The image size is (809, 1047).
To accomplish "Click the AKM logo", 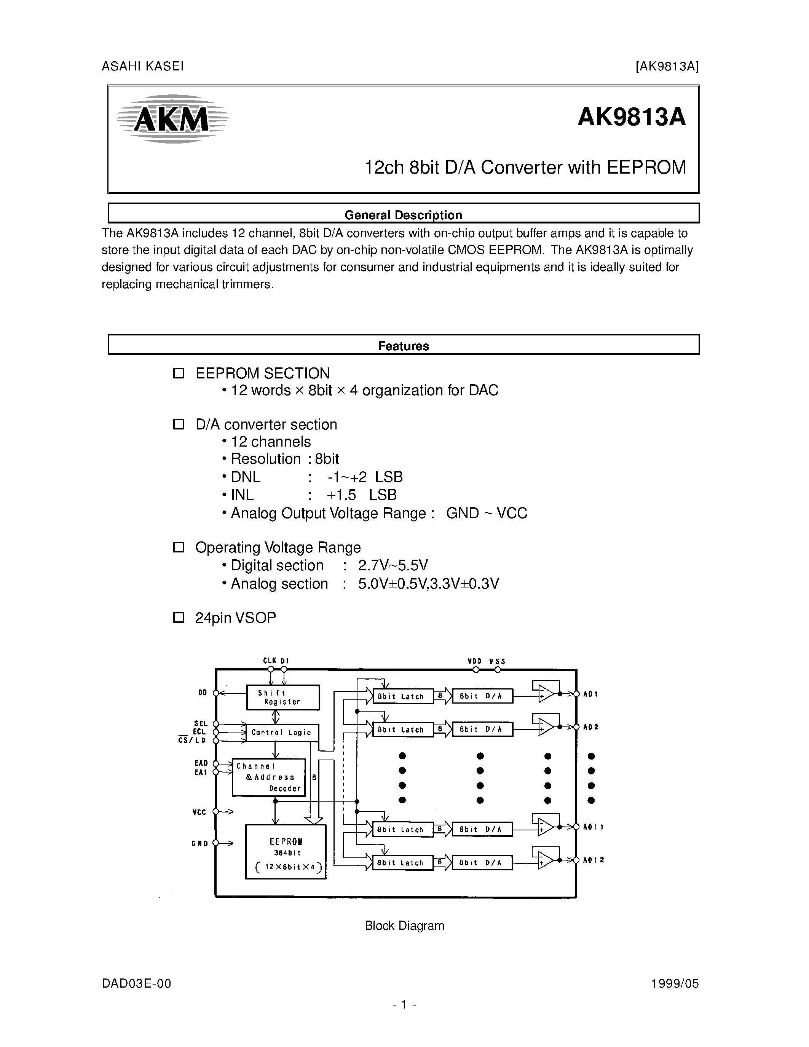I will pyautogui.click(x=172, y=119).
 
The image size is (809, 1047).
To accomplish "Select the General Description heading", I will pyautogui.click(x=403, y=215).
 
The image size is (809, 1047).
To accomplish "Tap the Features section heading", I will pyautogui.click(x=403, y=346).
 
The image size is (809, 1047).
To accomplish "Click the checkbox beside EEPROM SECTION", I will pyautogui.click(x=178, y=373).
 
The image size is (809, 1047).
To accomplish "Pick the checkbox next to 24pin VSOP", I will pyautogui.click(x=178, y=618).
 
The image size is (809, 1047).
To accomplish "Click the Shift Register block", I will pyautogui.click(x=283, y=697).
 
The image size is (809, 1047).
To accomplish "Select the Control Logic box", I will pyautogui.click(x=282, y=733).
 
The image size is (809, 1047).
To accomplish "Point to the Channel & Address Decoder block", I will pyautogui.click(x=268, y=777).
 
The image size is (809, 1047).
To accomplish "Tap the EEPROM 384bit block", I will pyautogui.click(x=286, y=851).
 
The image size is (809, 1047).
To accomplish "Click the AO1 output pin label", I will pyautogui.click(x=590, y=694).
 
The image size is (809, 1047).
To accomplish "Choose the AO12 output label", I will pyautogui.click(x=594, y=860).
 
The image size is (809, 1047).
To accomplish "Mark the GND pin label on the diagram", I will pyautogui.click(x=199, y=843).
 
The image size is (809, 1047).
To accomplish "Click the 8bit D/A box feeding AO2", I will pyautogui.click(x=482, y=729).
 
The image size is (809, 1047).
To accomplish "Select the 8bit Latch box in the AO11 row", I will pyautogui.click(x=402, y=829).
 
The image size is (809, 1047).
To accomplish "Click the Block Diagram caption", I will pyautogui.click(x=404, y=925).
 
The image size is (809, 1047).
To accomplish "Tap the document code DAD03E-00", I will pyautogui.click(x=136, y=984).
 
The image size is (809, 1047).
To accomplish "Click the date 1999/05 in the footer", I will pyautogui.click(x=675, y=984).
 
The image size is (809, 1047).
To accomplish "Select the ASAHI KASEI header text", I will pyautogui.click(x=142, y=66).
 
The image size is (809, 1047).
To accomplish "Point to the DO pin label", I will pyautogui.click(x=202, y=693).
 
